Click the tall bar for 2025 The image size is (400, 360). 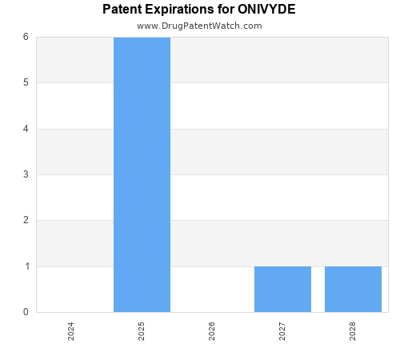click(x=142, y=174)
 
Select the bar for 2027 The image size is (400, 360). click(x=282, y=289)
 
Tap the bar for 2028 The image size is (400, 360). click(x=353, y=289)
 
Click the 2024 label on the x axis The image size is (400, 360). click(x=71, y=331)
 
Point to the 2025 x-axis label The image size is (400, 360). click(x=142, y=331)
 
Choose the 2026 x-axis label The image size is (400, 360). click(x=212, y=331)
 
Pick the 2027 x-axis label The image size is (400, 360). click(x=282, y=331)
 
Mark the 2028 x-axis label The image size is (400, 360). click(x=353, y=331)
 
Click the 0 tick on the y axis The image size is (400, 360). click(x=26, y=312)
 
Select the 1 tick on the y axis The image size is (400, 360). click(x=26, y=266)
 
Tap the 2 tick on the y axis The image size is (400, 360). click(x=26, y=220)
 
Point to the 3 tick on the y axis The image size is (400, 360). click(x=26, y=174)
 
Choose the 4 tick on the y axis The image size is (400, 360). click(x=26, y=128)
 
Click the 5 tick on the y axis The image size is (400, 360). click(x=26, y=82)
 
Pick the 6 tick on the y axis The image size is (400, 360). click(x=26, y=37)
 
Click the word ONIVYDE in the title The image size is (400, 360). click(x=266, y=10)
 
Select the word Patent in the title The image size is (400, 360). click(x=122, y=10)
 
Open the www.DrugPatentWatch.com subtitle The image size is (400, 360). click(x=199, y=26)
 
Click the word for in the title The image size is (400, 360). click(x=225, y=10)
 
